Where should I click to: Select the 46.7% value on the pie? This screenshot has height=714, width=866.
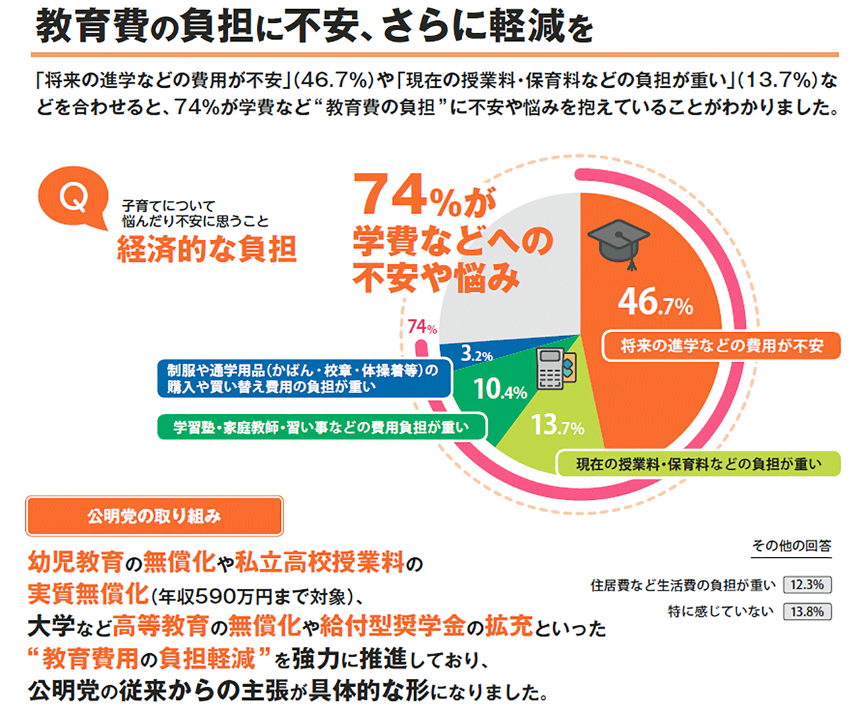tap(656, 302)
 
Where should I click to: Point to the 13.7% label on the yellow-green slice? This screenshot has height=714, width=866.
tap(557, 425)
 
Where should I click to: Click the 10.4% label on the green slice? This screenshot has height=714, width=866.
tap(500, 389)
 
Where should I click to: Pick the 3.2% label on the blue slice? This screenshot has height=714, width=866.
tap(477, 354)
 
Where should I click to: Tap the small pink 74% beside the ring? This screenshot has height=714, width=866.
tap(422, 327)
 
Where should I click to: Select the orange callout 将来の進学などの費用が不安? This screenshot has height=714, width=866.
tap(722, 346)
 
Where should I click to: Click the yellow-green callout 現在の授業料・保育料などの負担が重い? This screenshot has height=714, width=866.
tap(698, 464)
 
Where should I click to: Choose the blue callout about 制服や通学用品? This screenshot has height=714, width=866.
tap(304, 378)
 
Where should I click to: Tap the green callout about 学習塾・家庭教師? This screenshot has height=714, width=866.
tap(321, 427)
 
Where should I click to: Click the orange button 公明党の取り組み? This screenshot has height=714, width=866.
tap(154, 516)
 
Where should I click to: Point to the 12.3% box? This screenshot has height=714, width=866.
tap(807, 585)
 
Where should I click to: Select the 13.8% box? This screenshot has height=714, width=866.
tap(807, 612)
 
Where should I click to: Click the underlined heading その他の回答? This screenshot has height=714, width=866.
tap(791, 546)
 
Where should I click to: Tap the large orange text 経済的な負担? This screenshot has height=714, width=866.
tap(207, 249)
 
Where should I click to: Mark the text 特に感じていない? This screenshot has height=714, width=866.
tap(720, 612)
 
